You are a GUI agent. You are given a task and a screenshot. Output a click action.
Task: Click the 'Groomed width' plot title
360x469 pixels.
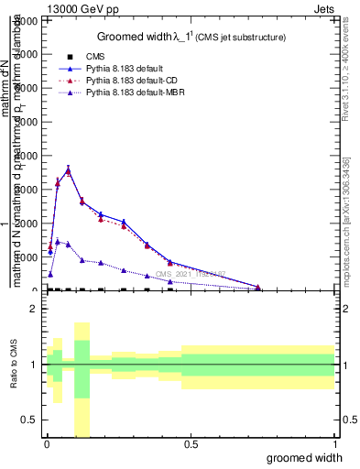pos(142,37)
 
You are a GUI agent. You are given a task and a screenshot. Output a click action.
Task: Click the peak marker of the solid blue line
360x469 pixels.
pos(68,169)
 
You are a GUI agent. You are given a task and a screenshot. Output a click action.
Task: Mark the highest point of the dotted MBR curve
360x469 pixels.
pos(57,241)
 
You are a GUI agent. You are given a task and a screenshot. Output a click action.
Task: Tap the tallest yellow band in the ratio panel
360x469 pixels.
pos(82,379)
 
